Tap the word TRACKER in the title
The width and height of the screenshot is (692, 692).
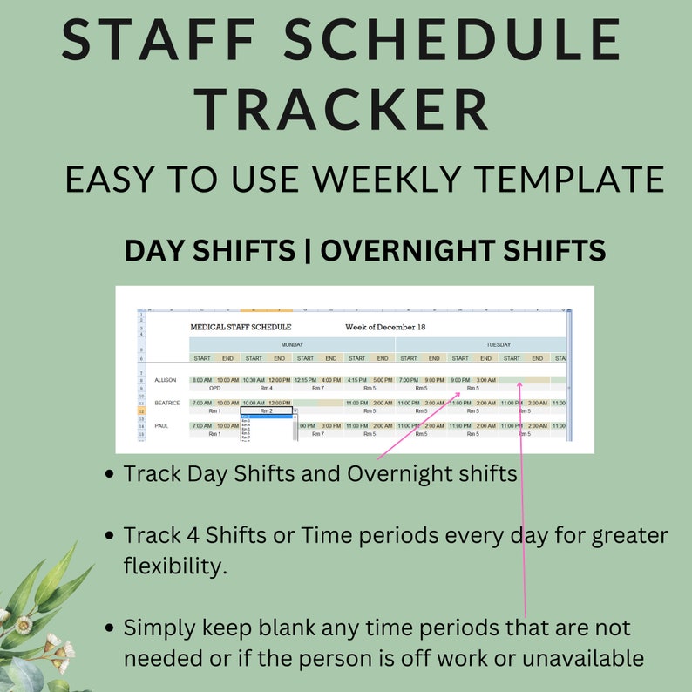342,112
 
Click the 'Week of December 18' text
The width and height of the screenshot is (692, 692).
384,328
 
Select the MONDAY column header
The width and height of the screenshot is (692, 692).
292,345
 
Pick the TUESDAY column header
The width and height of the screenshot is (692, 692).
498,345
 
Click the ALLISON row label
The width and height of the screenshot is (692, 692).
166,380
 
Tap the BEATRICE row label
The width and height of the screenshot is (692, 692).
167,404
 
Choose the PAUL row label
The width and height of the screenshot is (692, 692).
161,426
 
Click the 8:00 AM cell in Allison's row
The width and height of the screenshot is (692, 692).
202,380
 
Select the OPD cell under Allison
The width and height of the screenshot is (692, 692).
214,389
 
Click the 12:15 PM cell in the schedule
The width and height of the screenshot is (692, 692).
305,380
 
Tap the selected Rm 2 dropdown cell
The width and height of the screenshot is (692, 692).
266,410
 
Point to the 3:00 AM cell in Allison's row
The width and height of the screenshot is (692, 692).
485,380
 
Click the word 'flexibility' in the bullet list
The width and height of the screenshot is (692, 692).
174,567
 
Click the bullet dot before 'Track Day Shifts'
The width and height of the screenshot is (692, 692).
108,475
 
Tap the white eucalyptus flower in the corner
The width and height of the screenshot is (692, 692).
24,624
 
